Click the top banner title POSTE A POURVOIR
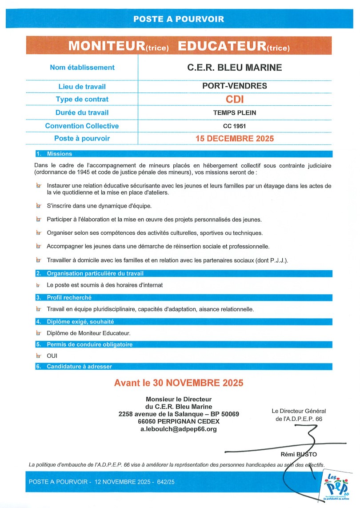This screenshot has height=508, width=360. pos(179,19)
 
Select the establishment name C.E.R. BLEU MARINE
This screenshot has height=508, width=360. pos(234,68)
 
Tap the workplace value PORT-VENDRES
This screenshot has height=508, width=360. pos(234,86)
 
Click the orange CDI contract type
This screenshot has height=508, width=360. pos(235,99)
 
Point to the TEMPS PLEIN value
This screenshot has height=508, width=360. pos(234,113)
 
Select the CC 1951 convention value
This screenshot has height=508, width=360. pos(234,126)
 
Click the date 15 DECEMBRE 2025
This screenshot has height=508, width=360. pos(234,138)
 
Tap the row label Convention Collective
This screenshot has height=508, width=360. pos(82,126)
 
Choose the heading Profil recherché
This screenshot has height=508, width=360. pos(69,298)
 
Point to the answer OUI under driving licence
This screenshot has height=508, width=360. pos(52,356)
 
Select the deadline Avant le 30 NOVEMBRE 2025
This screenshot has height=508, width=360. pos(179,383)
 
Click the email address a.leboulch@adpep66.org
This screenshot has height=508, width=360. pos(179,429)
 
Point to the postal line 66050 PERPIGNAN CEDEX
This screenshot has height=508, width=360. pos(179,421)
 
